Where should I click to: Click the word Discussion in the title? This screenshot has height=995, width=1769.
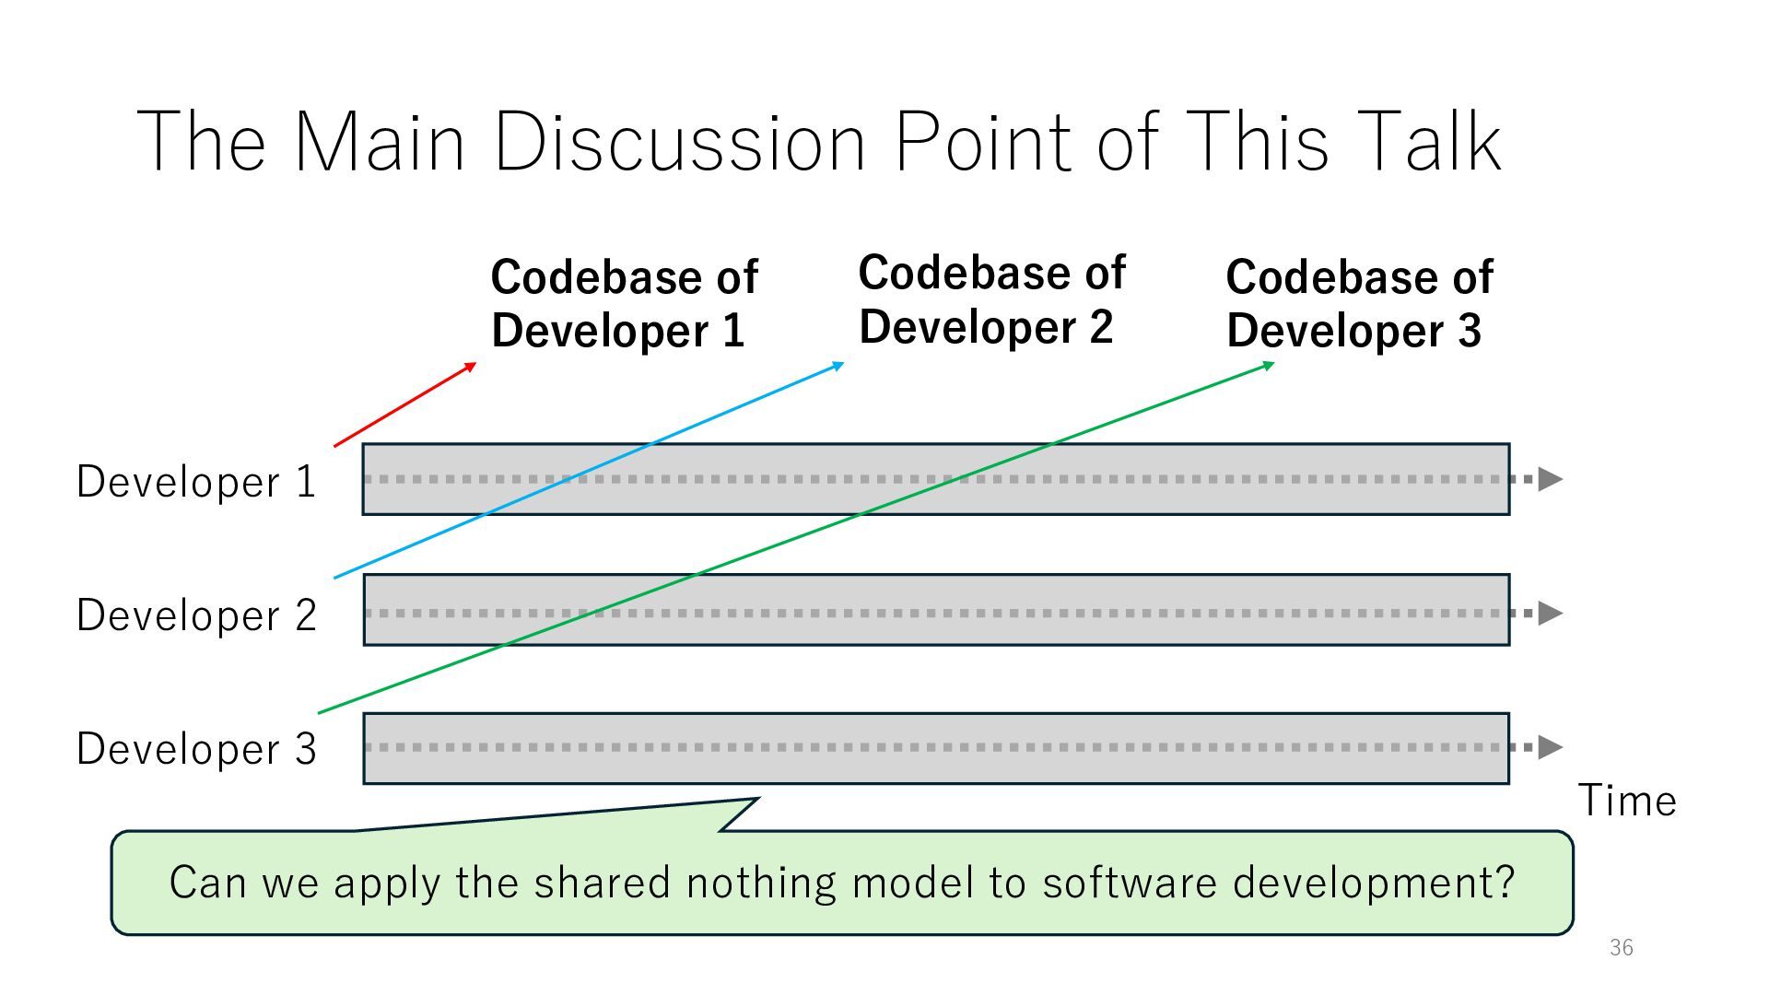point(680,142)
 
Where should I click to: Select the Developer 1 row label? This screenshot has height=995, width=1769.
point(196,482)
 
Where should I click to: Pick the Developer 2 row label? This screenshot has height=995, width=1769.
point(196,615)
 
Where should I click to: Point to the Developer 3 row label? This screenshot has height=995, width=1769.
point(196,749)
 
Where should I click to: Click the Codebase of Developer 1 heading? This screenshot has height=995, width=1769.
point(624,303)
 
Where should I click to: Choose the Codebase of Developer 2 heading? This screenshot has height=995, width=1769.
point(991,299)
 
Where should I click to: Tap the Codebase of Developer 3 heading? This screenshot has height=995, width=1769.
point(1359,303)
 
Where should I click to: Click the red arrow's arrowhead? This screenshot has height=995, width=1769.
point(471,367)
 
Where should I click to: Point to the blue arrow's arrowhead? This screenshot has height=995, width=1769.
point(838,366)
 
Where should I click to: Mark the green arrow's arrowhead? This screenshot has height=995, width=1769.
point(1269,366)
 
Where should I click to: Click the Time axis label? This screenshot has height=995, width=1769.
point(1627,801)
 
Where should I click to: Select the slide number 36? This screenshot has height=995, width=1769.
point(1621,947)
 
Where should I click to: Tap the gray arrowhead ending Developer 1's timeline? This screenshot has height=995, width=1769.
point(1551,479)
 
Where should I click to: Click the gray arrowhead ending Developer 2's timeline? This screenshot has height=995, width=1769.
point(1551,613)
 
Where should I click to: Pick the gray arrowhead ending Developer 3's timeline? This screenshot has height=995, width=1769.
point(1551,747)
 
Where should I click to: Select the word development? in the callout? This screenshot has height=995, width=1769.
point(1373,883)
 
